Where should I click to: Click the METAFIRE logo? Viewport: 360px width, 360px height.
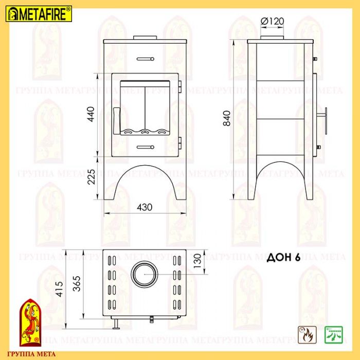click(x=39, y=14)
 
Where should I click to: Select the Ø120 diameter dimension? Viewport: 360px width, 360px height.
click(x=272, y=22)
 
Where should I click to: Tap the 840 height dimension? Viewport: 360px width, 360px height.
click(x=227, y=118)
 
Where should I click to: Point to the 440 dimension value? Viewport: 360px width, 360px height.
click(x=91, y=114)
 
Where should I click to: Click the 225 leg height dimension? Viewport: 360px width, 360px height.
click(x=91, y=177)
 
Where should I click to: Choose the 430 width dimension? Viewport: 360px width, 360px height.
click(x=145, y=207)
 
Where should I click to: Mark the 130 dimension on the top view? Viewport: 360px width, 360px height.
click(x=197, y=261)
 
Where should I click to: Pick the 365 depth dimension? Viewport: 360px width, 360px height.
click(x=77, y=283)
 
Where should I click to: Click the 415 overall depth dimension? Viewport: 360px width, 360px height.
click(x=59, y=289)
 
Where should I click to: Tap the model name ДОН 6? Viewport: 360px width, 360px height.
click(x=283, y=258)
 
